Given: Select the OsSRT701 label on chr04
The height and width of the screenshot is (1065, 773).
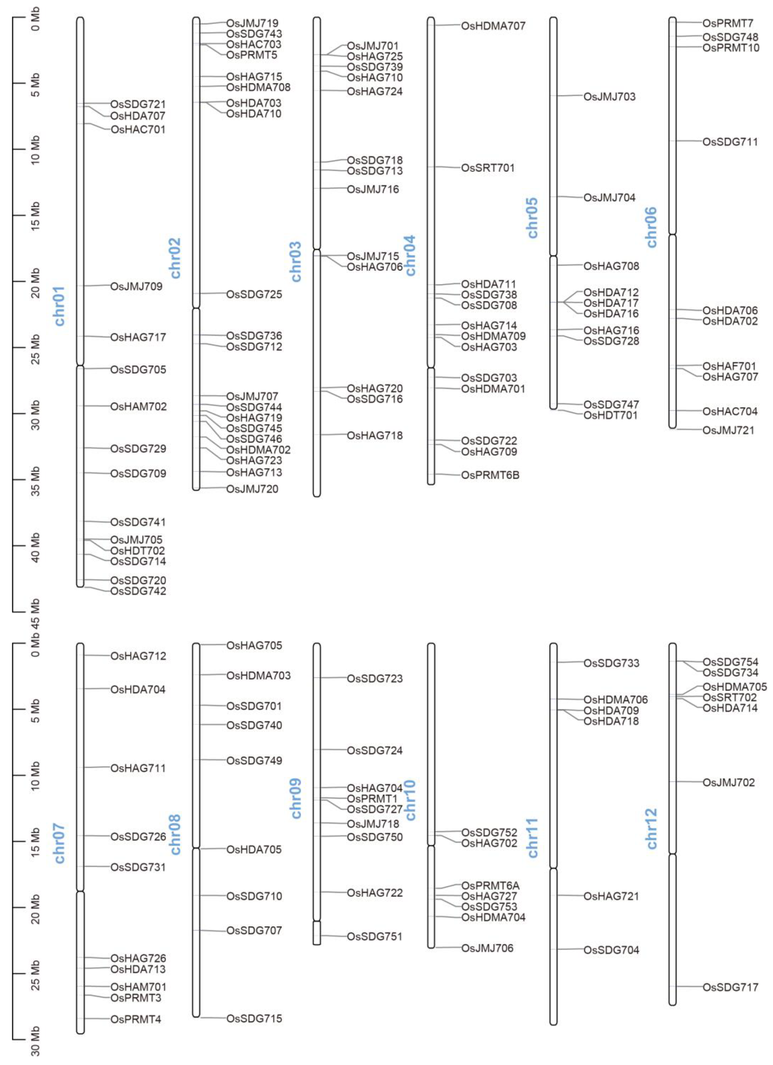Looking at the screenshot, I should pos(487,168).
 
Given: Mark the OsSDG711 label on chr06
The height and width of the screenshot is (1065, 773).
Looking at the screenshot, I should pos(730,142).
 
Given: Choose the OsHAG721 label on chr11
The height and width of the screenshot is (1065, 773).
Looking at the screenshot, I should pos(611,896).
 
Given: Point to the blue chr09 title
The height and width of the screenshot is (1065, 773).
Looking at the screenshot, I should pos(296,798).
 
